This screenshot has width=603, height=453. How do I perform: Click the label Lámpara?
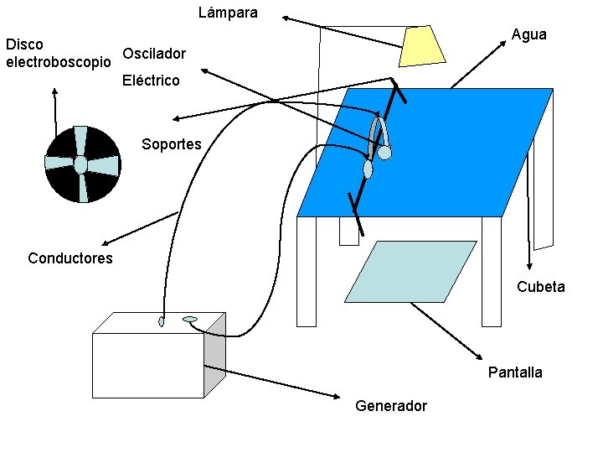228,13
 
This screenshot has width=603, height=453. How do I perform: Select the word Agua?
528,34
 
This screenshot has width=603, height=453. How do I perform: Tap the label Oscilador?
154,55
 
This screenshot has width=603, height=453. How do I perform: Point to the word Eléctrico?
151,81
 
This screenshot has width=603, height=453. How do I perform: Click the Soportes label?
172,144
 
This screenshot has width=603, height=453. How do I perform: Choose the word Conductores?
70,258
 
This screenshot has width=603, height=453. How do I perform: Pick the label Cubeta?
540,287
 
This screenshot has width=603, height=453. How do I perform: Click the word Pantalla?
515,372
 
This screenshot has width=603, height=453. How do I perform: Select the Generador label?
391,406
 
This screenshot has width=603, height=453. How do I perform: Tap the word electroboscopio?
58,62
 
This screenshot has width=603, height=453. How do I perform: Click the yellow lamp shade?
423,45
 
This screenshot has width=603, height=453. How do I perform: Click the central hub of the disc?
80,164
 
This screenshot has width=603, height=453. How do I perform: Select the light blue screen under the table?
410,271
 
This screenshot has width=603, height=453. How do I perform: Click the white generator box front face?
147,365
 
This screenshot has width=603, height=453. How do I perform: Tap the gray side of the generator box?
215,352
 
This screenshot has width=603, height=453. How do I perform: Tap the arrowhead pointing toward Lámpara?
285,16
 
